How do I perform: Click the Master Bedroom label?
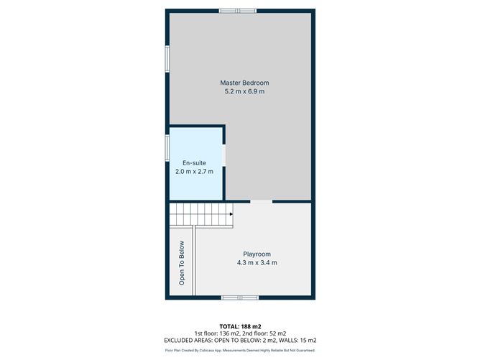[x=240, y=83]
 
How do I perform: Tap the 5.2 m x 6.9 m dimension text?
[x=240, y=92]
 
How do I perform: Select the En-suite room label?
[x=194, y=163]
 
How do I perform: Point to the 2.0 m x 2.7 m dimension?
[x=194, y=172]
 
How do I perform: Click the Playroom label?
[x=257, y=254]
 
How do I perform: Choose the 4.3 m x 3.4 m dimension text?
[x=257, y=263]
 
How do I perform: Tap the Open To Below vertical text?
[x=182, y=262]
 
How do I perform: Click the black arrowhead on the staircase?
[x=231, y=213]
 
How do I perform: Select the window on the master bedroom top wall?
[x=238, y=10]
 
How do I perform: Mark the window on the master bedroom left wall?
[x=167, y=59]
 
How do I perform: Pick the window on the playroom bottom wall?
[x=240, y=297]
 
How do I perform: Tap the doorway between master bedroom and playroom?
[x=262, y=202]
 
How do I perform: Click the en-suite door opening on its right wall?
[x=225, y=155]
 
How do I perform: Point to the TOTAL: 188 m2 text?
[x=240, y=326]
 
